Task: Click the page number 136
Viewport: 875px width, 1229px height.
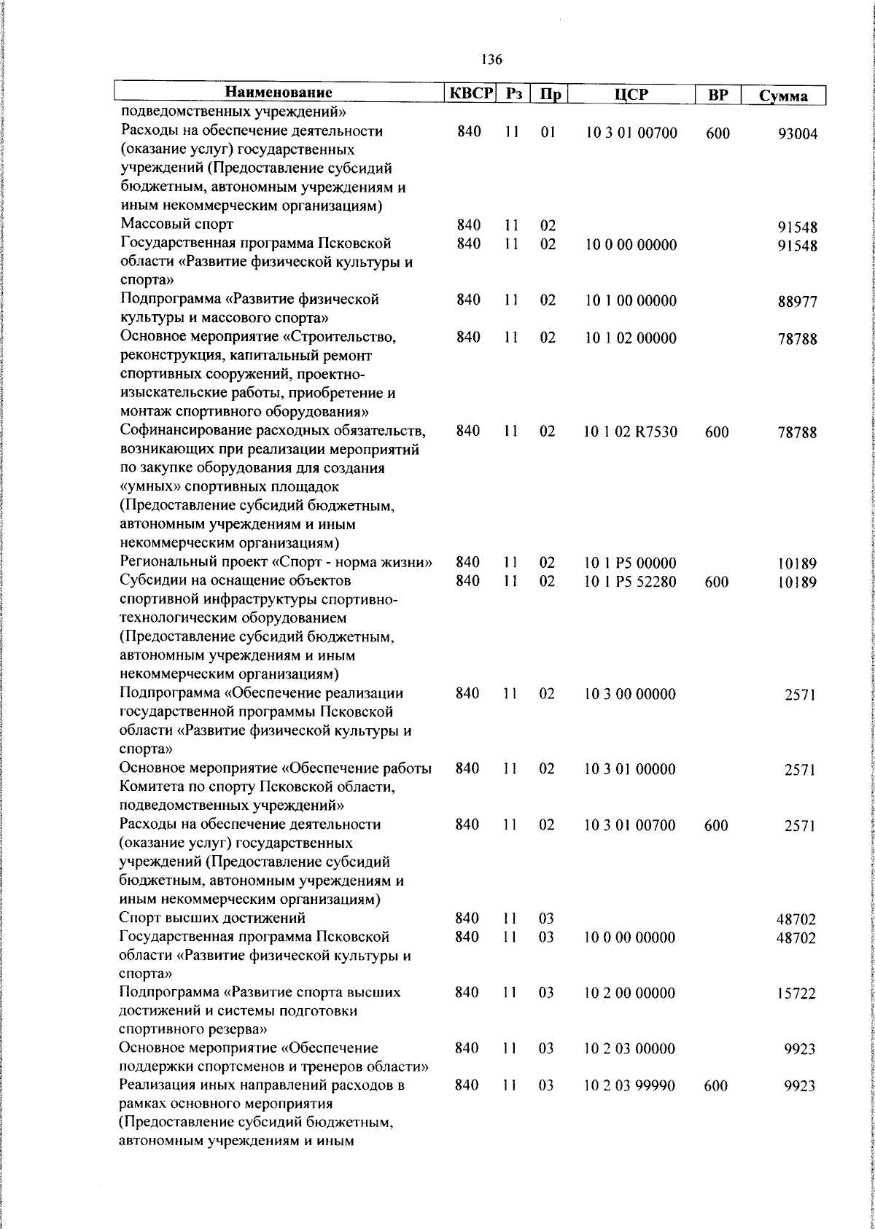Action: (x=491, y=60)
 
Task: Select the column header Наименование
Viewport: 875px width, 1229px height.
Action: (x=279, y=93)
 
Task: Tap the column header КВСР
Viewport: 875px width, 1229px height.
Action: (x=470, y=93)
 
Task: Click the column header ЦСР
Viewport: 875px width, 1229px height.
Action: (x=631, y=94)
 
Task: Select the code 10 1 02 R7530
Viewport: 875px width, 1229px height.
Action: (x=630, y=432)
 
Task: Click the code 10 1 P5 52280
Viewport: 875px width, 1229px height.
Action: (x=630, y=582)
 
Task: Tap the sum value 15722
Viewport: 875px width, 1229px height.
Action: (x=796, y=994)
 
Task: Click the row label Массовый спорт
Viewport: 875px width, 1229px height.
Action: (x=177, y=224)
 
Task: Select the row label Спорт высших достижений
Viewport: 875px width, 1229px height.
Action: (x=212, y=918)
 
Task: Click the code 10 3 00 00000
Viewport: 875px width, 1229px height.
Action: (x=630, y=694)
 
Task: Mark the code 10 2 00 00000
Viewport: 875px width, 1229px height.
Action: (x=630, y=993)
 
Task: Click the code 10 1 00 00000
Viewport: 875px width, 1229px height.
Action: (x=630, y=300)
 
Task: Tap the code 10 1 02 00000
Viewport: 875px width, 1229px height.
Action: (x=630, y=338)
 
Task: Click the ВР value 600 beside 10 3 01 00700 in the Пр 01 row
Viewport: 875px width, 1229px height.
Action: (x=717, y=133)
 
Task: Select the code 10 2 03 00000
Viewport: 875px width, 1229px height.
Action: (x=630, y=1049)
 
